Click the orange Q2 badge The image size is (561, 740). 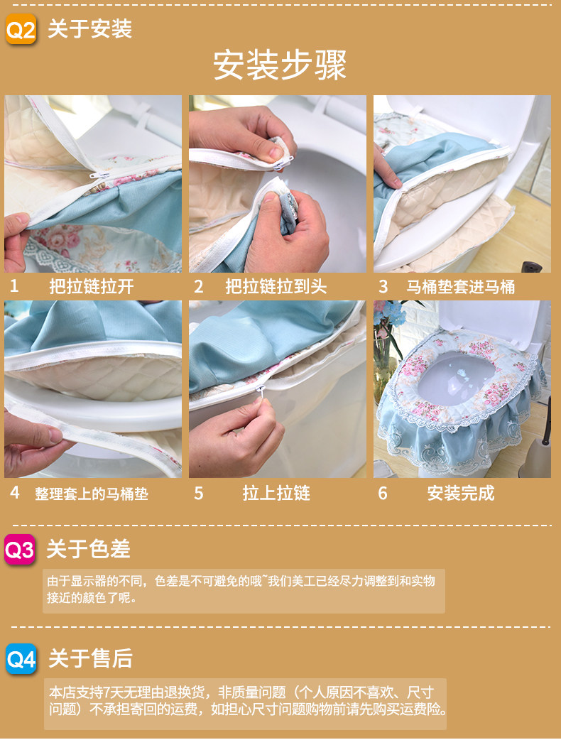[21, 29]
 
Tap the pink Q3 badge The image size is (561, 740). [20, 550]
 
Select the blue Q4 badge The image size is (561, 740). [21, 659]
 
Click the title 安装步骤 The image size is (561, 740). [280, 65]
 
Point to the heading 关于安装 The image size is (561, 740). [89, 29]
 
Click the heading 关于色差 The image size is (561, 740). [88, 549]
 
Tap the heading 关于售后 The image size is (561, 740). [91, 658]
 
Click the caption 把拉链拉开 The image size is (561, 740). [92, 286]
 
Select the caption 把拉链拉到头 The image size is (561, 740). [276, 286]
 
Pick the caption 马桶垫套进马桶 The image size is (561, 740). [460, 286]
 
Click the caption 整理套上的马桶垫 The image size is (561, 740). [92, 494]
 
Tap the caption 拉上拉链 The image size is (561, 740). [276, 493]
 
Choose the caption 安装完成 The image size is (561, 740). [460, 493]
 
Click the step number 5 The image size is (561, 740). [199, 494]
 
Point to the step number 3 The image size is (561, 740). [383, 286]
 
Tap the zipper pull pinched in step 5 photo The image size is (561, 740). [259, 390]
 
